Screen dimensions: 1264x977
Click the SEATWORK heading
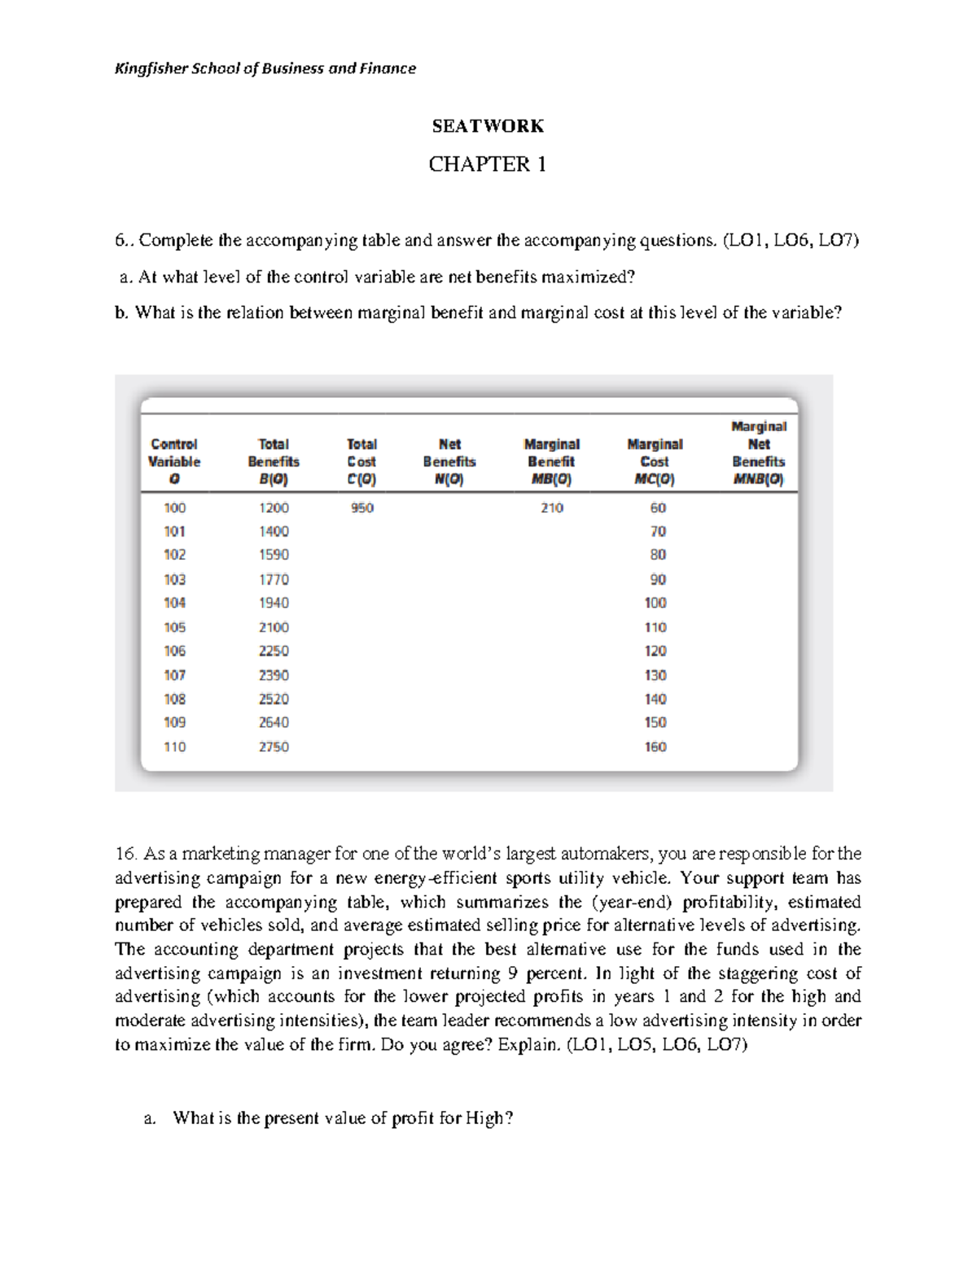pyautogui.click(x=487, y=126)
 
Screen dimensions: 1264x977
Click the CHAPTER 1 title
pyautogui.click(x=487, y=164)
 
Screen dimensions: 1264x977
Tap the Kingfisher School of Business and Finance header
pyautogui.click(x=265, y=68)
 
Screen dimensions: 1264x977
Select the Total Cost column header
pyautogui.click(x=361, y=461)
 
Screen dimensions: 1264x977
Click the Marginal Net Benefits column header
pyautogui.click(x=758, y=453)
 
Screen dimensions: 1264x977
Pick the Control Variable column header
pyautogui.click(x=174, y=461)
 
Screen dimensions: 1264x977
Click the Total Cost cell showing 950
pyautogui.click(x=361, y=508)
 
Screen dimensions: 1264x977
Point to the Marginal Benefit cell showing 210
pyautogui.click(x=552, y=508)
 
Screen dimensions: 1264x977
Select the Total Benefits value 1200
pyautogui.click(x=274, y=508)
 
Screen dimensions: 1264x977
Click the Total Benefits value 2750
pyautogui.click(x=274, y=746)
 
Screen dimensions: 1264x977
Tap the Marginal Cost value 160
pyautogui.click(x=655, y=746)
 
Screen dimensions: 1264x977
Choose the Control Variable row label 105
pyautogui.click(x=174, y=628)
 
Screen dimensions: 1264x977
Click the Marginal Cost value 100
pyautogui.click(x=655, y=603)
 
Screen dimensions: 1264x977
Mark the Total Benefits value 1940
pyautogui.click(x=274, y=603)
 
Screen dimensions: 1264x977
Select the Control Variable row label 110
pyautogui.click(x=174, y=746)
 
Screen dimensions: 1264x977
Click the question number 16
pyautogui.click(x=125, y=854)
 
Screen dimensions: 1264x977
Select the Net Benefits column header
pyautogui.click(x=449, y=461)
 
